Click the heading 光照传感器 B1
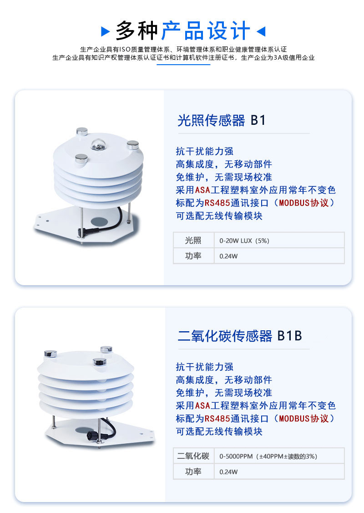pyautogui.click(x=221, y=120)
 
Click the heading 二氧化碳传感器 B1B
pyautogui.click(x=239, y=336)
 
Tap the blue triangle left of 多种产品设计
pyautogui.click(x=105, y=31)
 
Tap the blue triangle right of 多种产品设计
pyautogui.click(x=261, y=31)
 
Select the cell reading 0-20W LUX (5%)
pyautogui.click(x=279, y=241)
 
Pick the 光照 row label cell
pyautogui.click(x=193, y=241)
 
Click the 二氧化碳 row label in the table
pyautogui.click(x=193, y=456)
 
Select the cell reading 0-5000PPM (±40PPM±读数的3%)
pyautogui.click(x=279, y=456)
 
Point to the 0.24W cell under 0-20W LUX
pyautogui.click(x=279, y=256)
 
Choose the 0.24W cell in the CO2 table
pyautogui.click(x=279, y=472)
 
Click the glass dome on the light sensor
pyautogui.click(x=97, y=144)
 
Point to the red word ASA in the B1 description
pyautogui.click(x=202, y=190)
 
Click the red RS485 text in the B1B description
pyautogui.click(x=217, y=418)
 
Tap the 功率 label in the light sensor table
pyautogui.click(x=193, y=256)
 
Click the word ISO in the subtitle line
pyautogui.click(x=125, y=49)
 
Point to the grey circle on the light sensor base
pyautogui.click(x=99, y=221)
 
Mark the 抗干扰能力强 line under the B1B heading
pyautogui.click(x=205, y=367)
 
